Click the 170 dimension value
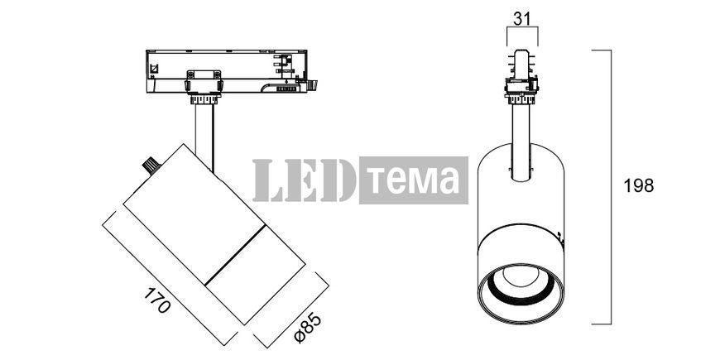point(157,300)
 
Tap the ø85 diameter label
point(308,328)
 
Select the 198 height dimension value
point(638,185)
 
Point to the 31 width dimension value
point(522,19)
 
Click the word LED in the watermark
point(304,180)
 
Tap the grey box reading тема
point(414,180)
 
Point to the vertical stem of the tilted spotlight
point(204,136)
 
